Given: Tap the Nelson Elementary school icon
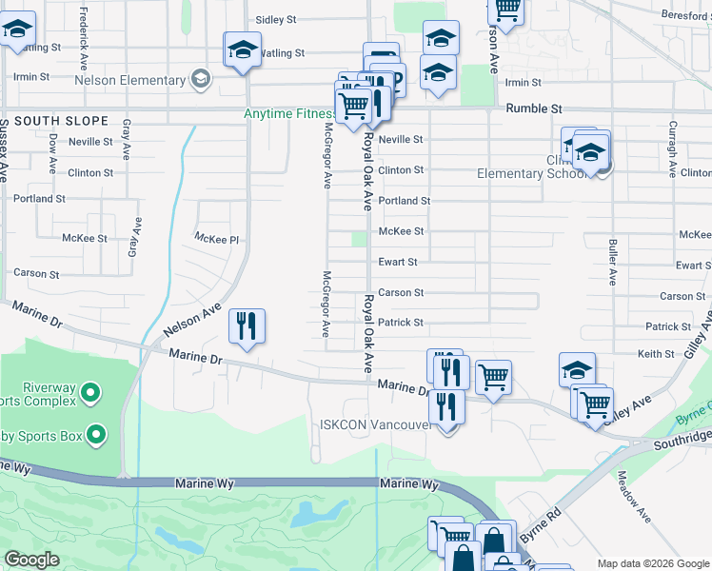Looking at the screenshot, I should point(200,80).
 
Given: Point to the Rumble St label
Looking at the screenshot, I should point(534,109).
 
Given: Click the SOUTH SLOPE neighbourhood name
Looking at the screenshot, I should point(61,122).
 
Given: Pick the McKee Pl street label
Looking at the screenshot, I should point(215,238).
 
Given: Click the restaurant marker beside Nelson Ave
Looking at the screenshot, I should point(246,326).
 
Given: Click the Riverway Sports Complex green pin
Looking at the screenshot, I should point(90,391).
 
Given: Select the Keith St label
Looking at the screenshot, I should point(656,354).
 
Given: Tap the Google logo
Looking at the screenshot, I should point(32,560).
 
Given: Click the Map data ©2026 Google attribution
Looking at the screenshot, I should point(652,563).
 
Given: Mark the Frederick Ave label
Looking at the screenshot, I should point(84,29).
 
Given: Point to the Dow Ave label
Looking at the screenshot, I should point(53,152).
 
